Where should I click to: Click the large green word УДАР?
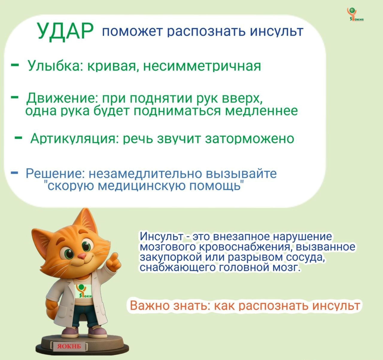pyautogui.click(x=65, y=31)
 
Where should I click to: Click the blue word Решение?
pyautogui.click(x=52, y=174)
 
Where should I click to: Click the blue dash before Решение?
pyautogui.click(x=14, y=173)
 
